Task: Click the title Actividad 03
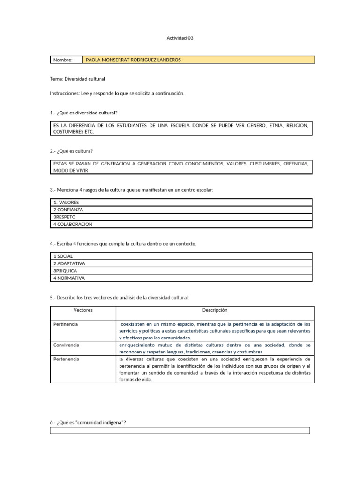[x=180, y=38]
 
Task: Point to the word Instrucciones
[x=65, y=93]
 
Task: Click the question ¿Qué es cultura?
[x=71, y=151]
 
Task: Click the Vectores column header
[x=83, y=310]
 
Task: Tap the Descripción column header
[x=215, y=310]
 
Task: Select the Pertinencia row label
[x=66, y=324]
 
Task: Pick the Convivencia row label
[x=67, y=345]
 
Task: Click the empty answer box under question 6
[x=180, y=430]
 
